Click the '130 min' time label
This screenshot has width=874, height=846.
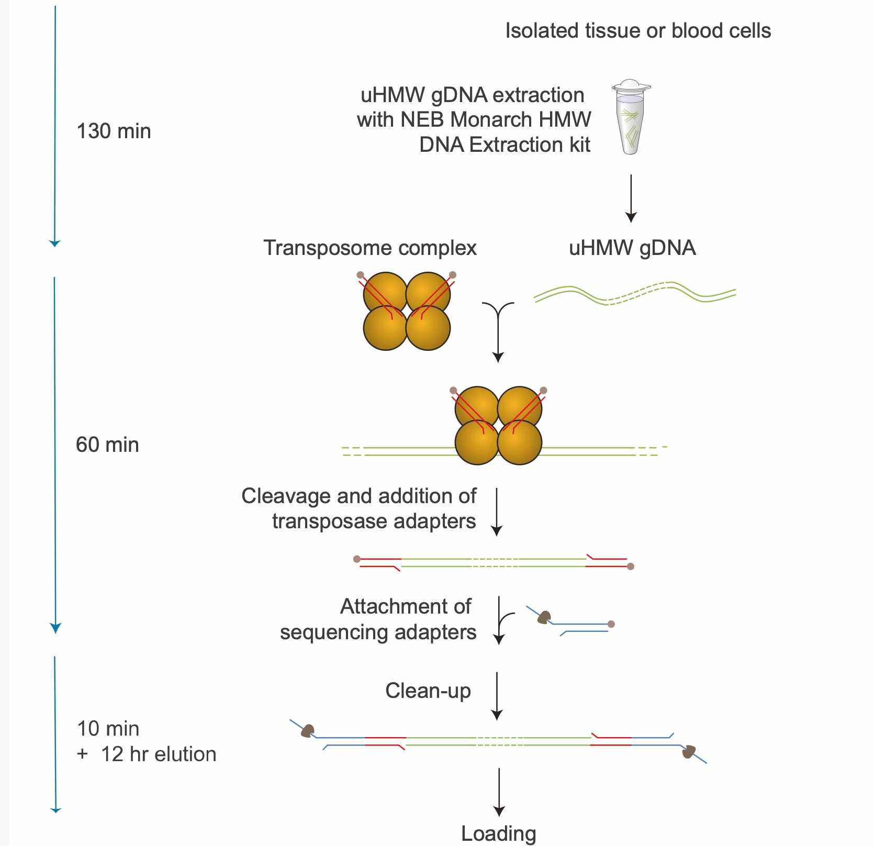[114, 131]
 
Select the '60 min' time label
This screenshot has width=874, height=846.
[107, 444]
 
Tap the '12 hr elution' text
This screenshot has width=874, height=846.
[158, 754]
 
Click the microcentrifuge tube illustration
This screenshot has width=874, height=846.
[631, 118]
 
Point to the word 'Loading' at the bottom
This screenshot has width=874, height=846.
[498, 833]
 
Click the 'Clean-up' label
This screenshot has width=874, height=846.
[428, 691]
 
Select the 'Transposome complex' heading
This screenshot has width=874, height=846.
[369, 248]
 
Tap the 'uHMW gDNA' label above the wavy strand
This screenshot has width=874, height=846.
[632, 248]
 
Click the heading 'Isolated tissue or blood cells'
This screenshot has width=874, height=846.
[637, 30]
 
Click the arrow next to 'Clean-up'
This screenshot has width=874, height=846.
[497, 696]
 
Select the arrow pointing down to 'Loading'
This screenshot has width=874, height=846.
[499, 792]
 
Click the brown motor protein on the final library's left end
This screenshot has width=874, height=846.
[307, 730]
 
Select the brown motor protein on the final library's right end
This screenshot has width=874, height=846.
[689, 752]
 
